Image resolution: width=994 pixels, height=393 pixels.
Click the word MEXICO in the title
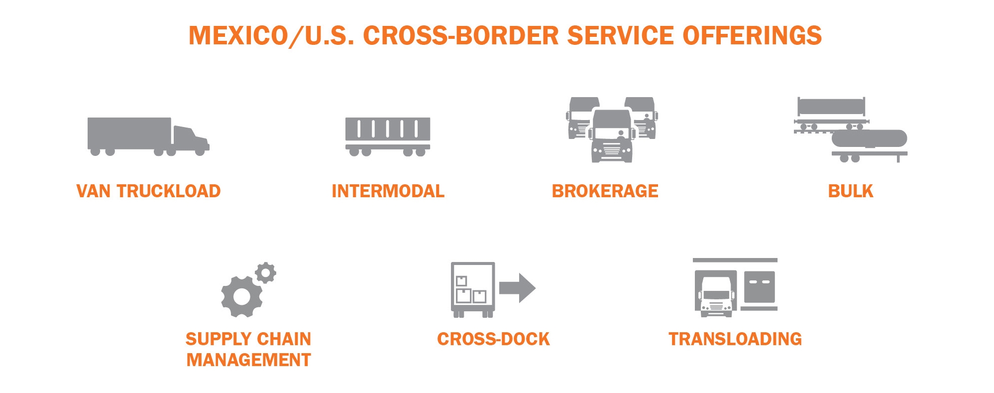(238, 36)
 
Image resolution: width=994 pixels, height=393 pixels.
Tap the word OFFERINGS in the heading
(752, 36)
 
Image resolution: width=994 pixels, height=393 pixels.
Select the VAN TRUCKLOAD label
(148, 191)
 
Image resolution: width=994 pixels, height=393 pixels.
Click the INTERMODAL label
(388, 191)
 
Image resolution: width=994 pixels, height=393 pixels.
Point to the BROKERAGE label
(605, 191)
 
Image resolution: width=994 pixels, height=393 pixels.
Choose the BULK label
(850, 191)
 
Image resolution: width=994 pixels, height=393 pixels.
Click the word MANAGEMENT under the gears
(248, 360)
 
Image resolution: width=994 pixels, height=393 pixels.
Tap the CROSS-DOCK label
(493, 339)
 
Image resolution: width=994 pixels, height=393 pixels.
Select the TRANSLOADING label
(735, 339)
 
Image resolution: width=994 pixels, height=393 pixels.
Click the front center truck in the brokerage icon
(612, 135)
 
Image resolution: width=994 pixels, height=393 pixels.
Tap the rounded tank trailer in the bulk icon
(869, 138)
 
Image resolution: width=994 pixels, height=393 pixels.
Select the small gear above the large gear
(265, 273)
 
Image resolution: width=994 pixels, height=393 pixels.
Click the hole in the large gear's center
(242, 297)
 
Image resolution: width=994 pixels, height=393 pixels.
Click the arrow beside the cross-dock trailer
(518, 288)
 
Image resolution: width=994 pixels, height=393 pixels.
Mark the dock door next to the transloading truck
(760, 286)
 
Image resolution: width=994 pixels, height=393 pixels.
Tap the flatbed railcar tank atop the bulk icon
(831, 107)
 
